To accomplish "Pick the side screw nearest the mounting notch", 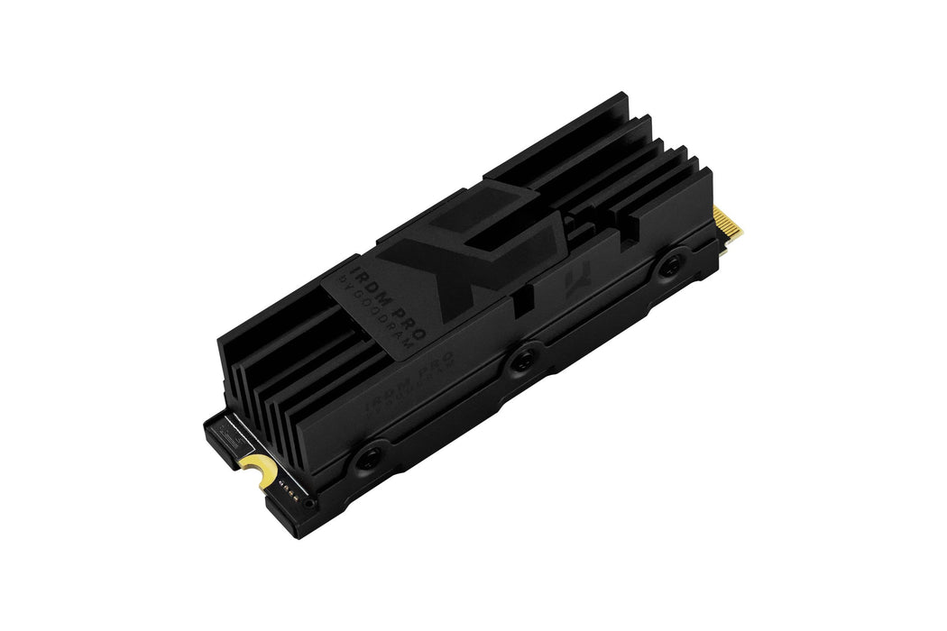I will pyautogui.click(x=365, y=458).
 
